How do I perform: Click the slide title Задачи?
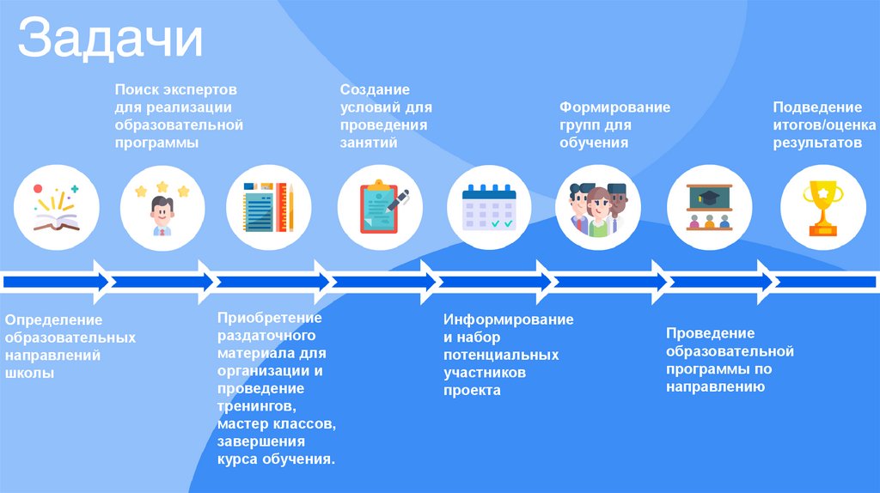(111, 40)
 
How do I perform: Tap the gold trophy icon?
(822, 207)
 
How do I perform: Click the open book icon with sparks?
(57, 207)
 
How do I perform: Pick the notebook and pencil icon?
(268, 207)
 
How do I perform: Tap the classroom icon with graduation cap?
(709, 207)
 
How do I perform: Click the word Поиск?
(135, 89)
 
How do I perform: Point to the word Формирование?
(614, 107)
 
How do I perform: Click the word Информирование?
(508, 320)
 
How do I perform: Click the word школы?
(30, 374)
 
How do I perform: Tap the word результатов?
(816, 143)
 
